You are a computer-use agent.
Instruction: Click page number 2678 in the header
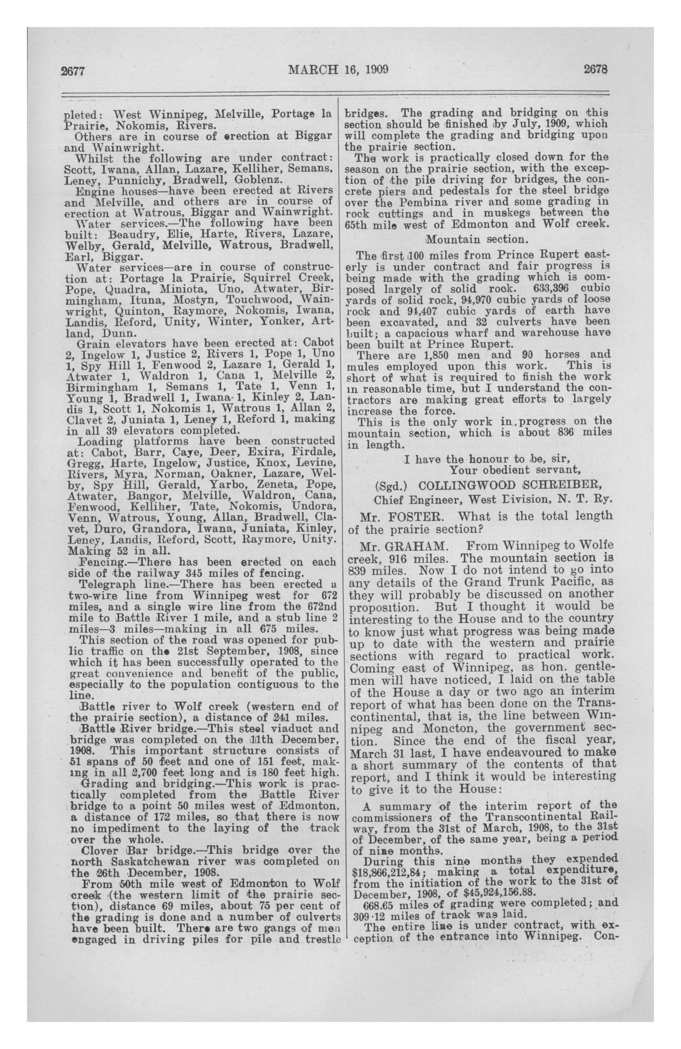(x=595, y=69)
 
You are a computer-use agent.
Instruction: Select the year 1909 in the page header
(x=375, y=70)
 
